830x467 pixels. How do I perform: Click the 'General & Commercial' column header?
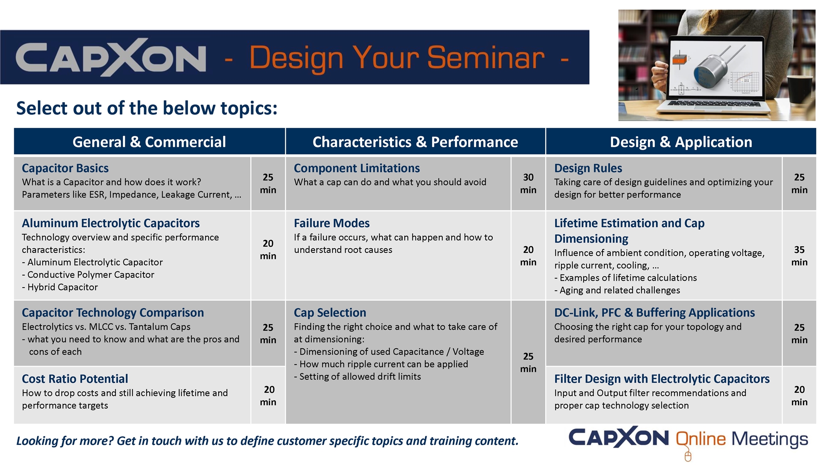pyautogui.click(x=149, y=142)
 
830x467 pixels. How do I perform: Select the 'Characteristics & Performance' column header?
pyautogui.click(x=415, y=142)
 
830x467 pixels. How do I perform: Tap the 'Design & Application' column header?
pyautogui.click(x=681, y=142)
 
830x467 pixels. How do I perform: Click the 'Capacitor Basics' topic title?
pyautogui.click(x=65, y=168)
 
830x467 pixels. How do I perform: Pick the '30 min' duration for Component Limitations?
pyautogui.click(x=528, y=183)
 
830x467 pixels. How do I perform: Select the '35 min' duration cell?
pyautogui.click(x=799, y=256)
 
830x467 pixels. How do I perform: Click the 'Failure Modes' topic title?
pyautogui.click(x=332, y=223)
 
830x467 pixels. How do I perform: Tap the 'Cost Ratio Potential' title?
pyautogui.click(x=75, y=379)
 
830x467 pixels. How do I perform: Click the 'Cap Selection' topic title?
pyautogui.click(x=330, y=313)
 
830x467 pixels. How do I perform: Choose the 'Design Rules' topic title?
pyautogui.click(x=588, y=168)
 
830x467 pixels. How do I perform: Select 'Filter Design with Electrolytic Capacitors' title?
pyautogui.click(x=662, y=379)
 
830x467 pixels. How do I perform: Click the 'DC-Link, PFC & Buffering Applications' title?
pyautogui.click(x=654, y=313)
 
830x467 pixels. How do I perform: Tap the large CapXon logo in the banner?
pyautogui.click(x=111, y=57)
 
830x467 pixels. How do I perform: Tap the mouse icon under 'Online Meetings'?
pyautogui.click(x=688, y=457)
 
